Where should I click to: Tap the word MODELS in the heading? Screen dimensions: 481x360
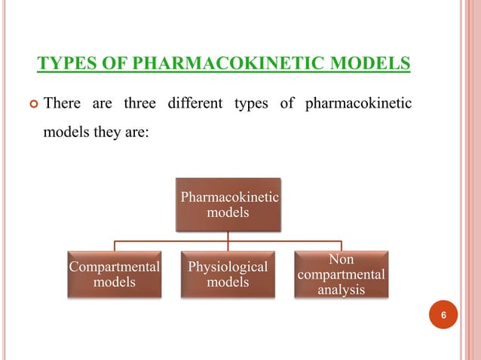point(372,62)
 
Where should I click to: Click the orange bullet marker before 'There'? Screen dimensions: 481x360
point(30,103)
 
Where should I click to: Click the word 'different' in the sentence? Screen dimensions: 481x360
point(222,102)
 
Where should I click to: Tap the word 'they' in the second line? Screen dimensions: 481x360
point(103,136)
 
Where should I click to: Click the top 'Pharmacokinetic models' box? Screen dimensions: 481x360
point(228,205)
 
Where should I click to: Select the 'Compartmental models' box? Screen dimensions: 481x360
point(115,275)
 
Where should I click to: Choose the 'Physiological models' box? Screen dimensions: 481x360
point(228,275)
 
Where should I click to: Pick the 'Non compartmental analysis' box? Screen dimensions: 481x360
point(341,274)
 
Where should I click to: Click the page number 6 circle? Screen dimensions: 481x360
point(444,315)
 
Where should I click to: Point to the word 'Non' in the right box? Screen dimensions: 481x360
point(341,260)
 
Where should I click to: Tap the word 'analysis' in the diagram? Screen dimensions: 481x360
point(341,289)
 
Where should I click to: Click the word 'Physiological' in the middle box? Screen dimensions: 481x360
point(228,267)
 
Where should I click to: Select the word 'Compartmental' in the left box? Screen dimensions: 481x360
point(115,267)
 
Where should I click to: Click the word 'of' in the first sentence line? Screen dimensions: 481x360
point(286,102)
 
